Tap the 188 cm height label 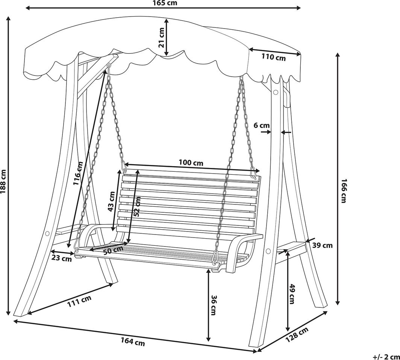[x=3, y=182]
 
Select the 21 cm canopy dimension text [x=162, y=38]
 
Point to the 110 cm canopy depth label [x=274, y=57]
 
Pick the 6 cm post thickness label [x=262, y=125]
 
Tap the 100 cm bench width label [x=191, y=162]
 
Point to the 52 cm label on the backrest [x=137, y=207]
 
